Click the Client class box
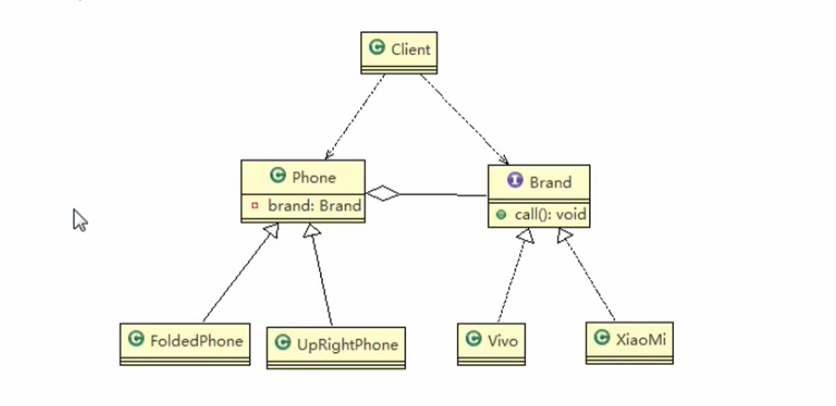tap(399, 52)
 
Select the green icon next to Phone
tap(277, 175)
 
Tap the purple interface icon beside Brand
tap(515, 181)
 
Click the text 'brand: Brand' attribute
tap(314, 206)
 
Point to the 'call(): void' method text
tap(550, 214)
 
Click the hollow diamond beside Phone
tap(383, 193)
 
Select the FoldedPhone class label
tap(196, 340)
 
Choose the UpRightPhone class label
tap(347, 345)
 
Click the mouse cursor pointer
tap(80, 220)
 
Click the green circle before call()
tap(501, 214)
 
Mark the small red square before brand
tap(255, 206)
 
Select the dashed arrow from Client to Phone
tap(354, 116)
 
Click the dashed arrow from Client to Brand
tap(464, 118)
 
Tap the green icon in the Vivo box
tap(473, 338)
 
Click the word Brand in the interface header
tap(550, 182)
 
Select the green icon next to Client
tap(377, 48)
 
